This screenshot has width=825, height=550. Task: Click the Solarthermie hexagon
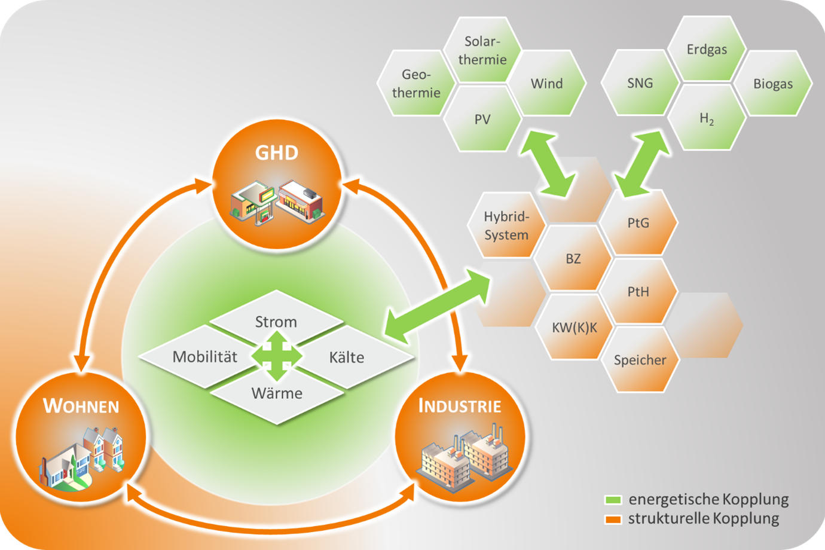click(x=482, y=50)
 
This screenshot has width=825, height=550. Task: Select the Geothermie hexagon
click(x=416, y=83)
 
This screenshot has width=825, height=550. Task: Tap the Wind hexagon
click(x=547, y=83)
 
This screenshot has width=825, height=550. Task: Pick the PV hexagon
click(x=482, y=119)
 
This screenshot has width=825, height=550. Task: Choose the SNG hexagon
click(x=640, y=83)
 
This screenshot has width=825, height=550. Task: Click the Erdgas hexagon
click(x=707, y=50)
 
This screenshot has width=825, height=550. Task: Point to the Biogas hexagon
click(x=772, y=84)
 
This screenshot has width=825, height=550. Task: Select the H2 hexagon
click(x=707, y=118)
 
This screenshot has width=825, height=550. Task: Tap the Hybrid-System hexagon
click(x=506, y=225)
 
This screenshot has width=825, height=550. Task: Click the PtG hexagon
click(x=638, y=222)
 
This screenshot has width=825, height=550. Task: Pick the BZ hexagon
click(x=573, y=259)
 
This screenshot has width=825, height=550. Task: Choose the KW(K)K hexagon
click(x=574, y=327)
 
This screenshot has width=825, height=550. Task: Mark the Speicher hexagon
click(x=640, y=360)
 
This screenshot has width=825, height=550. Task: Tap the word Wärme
click(x=277, y=393)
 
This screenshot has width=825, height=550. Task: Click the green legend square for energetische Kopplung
click(x=613, y=500)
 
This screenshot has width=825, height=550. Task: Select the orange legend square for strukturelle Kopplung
click(x=613, y=519)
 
